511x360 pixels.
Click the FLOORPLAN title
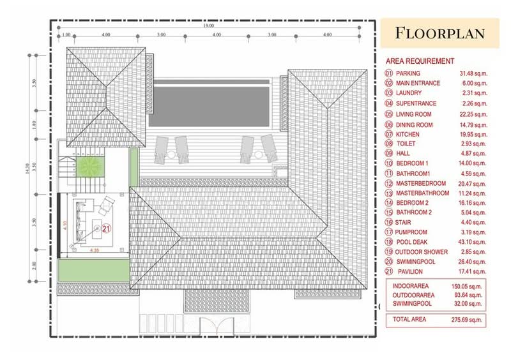pos(439,33)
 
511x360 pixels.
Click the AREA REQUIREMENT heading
pos(420,61)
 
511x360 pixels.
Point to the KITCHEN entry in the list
pos(407,135)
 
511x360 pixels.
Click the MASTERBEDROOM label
pos(420,183)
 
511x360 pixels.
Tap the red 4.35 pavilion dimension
pos(95,250)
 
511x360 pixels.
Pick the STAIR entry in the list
pos(402,222)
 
